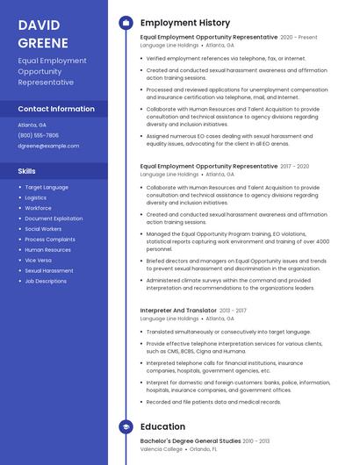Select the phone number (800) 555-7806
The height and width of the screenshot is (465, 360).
pos(38,135)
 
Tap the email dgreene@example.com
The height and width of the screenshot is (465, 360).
pos(48,146)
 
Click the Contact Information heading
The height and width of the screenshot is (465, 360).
pos(56,109)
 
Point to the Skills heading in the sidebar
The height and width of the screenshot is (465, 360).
pos(27,171)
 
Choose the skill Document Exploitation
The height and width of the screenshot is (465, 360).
pos(54,218)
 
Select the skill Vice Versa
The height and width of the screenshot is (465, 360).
pos(40,261)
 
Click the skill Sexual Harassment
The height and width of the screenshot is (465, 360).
pos(49,271)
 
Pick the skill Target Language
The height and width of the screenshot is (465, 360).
pos(47,187)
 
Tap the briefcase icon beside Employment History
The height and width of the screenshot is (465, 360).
pos(126,23)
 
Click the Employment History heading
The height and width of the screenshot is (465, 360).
pos(185,23)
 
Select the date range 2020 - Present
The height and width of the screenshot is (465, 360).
pos(299,38)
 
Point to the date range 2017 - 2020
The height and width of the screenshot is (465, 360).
pos(295,166)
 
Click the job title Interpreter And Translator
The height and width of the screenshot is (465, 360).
pos(178,311)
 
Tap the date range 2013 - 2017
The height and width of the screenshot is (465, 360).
pos(233,311)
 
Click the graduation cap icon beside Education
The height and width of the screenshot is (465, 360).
pos(126,426)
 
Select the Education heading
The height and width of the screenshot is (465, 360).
pos(162,426)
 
